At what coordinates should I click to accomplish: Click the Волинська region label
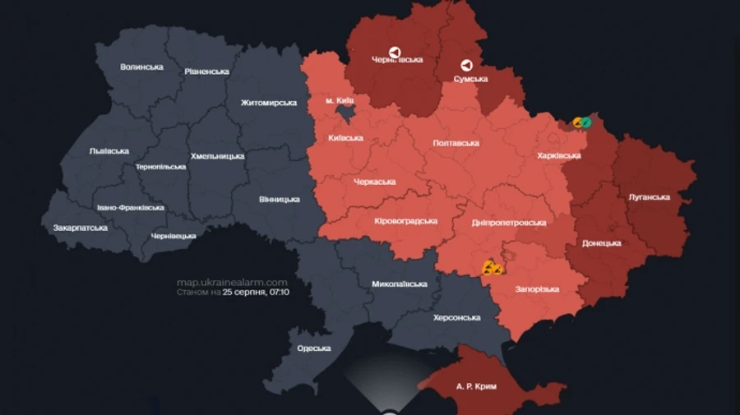pos(141,67)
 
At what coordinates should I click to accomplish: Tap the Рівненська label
pos(206,71)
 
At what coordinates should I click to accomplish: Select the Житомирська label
pos(269,103)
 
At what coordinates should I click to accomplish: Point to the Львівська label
pos(109,151)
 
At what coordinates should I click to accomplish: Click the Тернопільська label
pos(161,167)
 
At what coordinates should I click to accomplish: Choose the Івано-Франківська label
pos(130,207)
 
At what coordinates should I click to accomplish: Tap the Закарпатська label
pos(81,227)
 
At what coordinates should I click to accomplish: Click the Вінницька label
pos(280,200)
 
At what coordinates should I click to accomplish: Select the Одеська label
pos(313,348)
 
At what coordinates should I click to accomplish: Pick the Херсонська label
pos(456,317)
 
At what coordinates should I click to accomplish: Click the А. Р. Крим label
pos(476,385)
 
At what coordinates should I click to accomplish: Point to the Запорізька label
pos(539,289)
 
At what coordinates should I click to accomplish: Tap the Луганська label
pos(649,197)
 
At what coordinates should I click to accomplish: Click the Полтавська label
pos(456,143)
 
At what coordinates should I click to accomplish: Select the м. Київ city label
pos(340,100)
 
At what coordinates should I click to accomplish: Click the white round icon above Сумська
pos(467,65)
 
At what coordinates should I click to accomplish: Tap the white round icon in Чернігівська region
pos(395,52)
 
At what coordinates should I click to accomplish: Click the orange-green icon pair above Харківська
pos(582,122)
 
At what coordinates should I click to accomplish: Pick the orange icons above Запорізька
pos(493,267)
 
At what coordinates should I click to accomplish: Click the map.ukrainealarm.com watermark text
pos(232,282)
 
